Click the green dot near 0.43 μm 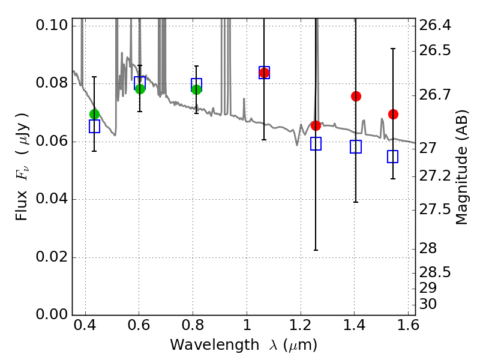point(94,114)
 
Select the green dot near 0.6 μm point(140,89)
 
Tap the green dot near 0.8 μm point(196,89)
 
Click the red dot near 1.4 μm point(356,96)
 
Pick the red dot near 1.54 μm point(393,114)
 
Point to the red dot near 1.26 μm point(316,125)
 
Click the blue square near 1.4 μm point(356,146)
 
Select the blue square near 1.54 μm point(393,157)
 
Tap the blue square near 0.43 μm point(94,126)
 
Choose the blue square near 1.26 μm point(316,143)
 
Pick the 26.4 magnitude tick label point(436,25)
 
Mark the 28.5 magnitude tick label point(436,272)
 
